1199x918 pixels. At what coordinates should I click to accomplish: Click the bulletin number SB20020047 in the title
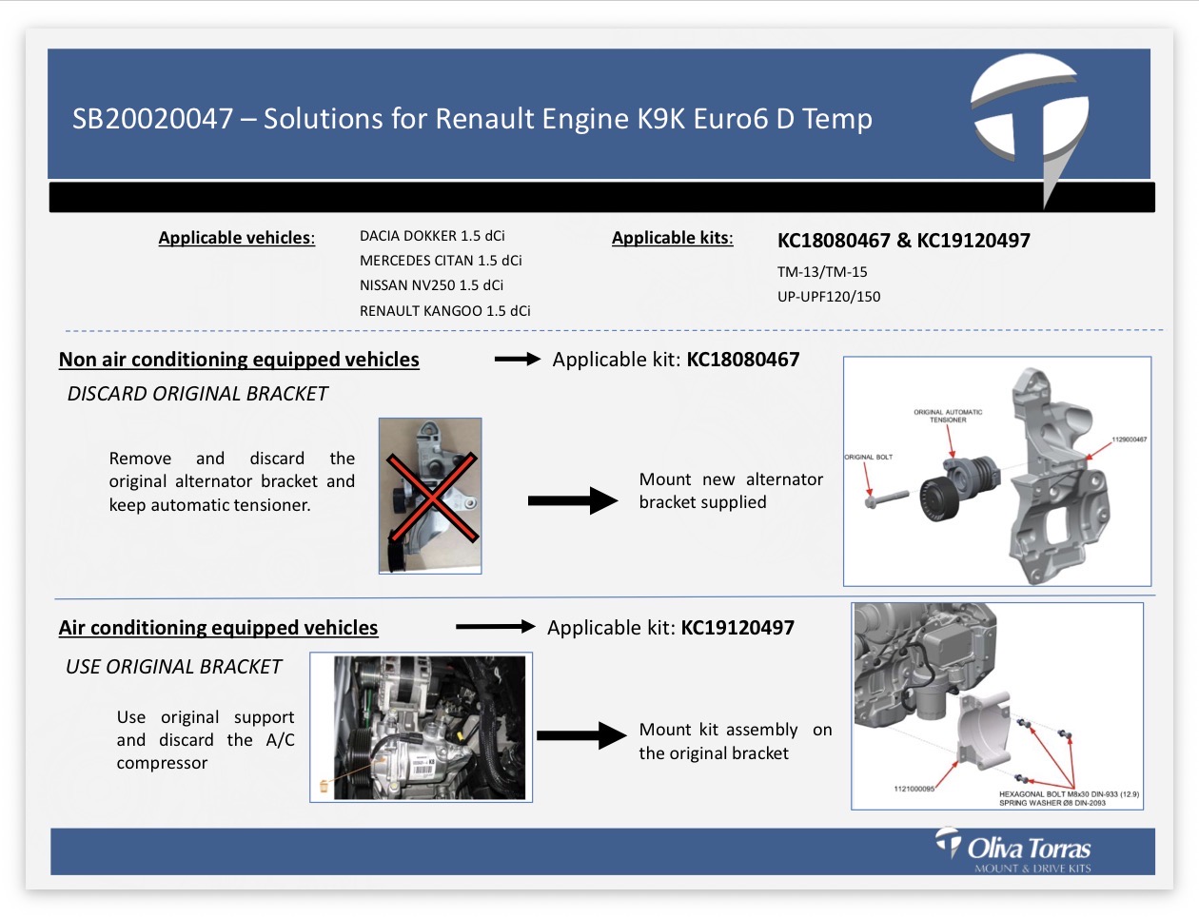coord(152,119)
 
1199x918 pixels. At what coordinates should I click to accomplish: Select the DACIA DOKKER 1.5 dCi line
coord(432,236)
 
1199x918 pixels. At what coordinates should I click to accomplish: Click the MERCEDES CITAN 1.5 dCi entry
coord(441,261)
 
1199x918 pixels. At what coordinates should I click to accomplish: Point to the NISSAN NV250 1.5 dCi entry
coord(431,285)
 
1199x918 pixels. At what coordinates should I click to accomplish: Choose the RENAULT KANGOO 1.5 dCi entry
coord(444,310)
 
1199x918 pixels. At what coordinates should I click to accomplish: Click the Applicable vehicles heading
coord(237,238)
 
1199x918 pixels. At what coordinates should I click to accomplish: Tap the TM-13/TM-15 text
coord(822,272)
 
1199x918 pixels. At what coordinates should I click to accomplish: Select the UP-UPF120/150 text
coord(829,297)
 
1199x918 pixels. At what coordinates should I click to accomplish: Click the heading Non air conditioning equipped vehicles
coord(239,360)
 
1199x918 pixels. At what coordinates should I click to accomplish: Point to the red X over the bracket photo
coord(432,497)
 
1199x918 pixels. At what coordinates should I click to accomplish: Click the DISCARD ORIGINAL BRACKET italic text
coord(198,394)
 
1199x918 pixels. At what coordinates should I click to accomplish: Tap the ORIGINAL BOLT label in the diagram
coord(869,457)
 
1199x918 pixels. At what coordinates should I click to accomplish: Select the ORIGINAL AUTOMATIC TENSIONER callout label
coord(948,416)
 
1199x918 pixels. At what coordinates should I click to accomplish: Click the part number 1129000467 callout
coord(1129,439)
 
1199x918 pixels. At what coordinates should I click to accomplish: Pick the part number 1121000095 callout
coord(914,789)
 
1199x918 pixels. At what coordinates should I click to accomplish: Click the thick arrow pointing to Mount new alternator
coord(573,500)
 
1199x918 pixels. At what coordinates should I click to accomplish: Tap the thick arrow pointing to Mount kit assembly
coord(581,735)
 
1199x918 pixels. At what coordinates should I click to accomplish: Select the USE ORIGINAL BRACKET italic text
coord(174,667)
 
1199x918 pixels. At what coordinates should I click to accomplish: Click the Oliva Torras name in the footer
coord(1029,850)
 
